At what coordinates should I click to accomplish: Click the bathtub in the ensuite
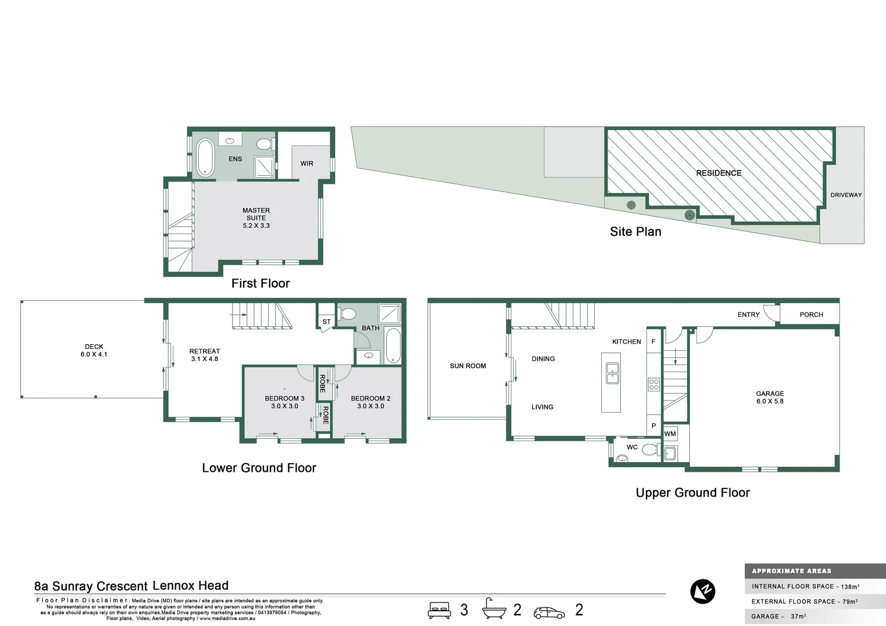[205, 157]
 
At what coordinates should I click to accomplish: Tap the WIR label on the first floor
[307, 163]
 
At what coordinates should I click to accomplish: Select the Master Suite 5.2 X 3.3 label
[256, 218]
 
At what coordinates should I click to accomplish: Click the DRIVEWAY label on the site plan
[845, 195]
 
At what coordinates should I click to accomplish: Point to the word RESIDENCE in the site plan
[718, 173]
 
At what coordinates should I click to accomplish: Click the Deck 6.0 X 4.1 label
[94, 351]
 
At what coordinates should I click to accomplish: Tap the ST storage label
[326, 322]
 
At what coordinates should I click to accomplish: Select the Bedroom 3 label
[284, 402]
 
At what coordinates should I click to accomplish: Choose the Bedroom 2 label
[371, 402]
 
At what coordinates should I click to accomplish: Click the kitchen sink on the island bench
[612, 373]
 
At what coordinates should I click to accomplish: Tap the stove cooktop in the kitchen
[653, 384]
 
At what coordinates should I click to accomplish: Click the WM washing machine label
[670, 434]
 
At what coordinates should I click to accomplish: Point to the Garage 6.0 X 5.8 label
[769, 397]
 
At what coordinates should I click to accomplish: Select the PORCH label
[811, 315]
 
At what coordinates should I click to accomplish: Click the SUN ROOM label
[468, 366]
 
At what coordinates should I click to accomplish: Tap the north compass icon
[703, 591]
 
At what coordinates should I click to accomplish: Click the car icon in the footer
[549, 612]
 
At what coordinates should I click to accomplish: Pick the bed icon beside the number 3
[440, 610]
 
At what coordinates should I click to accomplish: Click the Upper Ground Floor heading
[692, 493]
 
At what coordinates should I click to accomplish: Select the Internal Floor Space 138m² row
[806, 587]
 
